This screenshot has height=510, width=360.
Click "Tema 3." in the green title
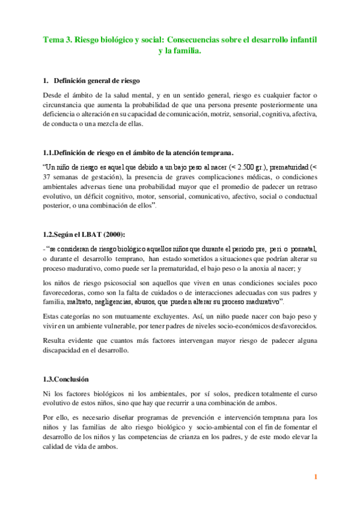tap(56, 39)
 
